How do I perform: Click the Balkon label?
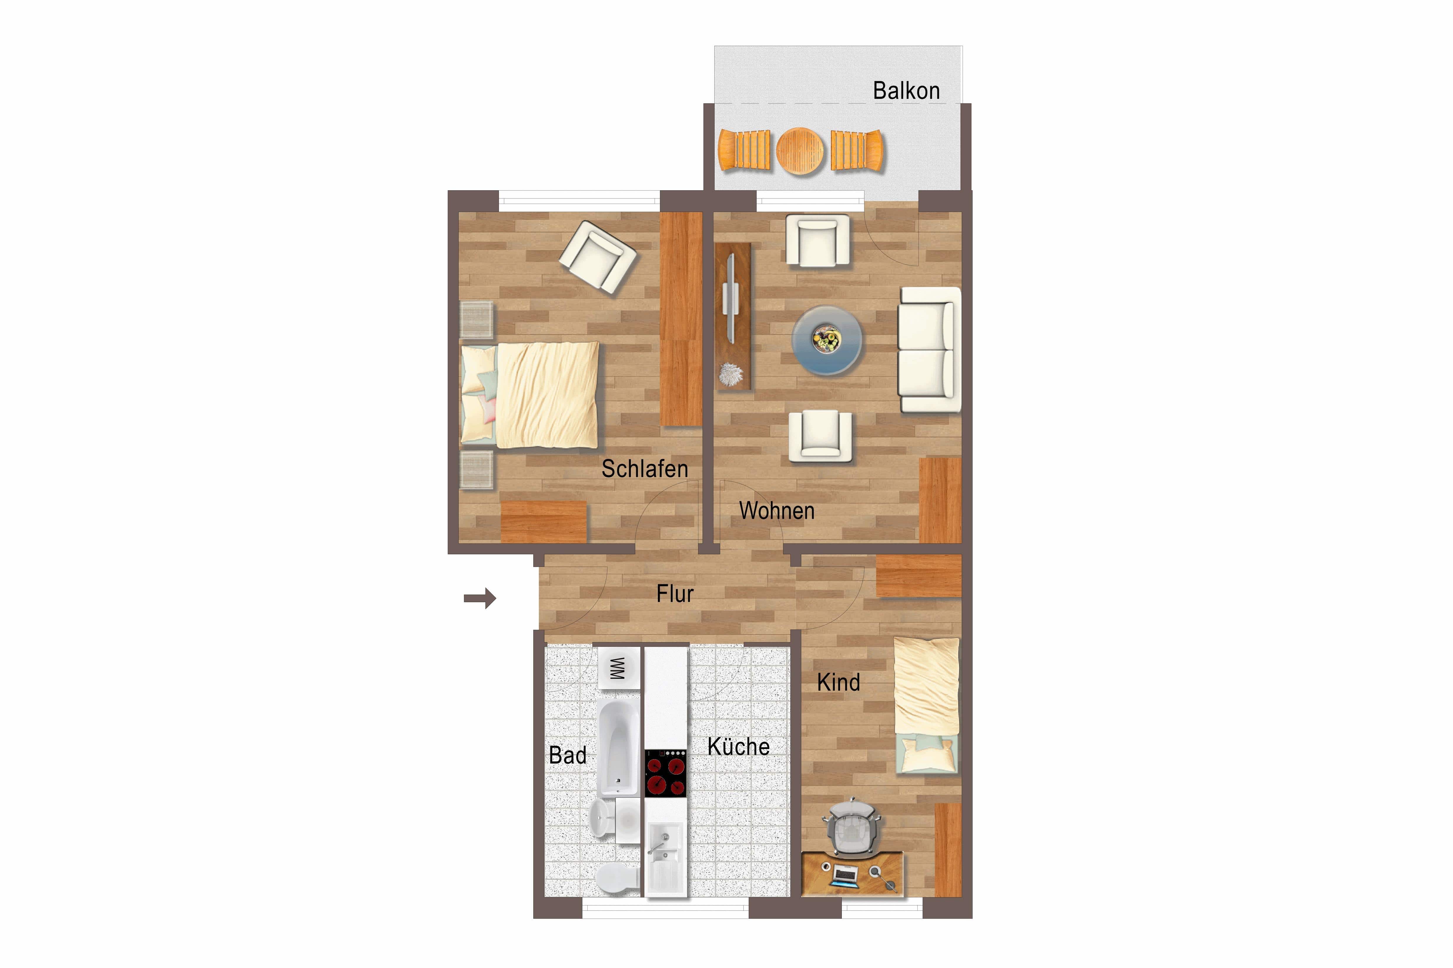906,91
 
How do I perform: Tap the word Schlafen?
645,469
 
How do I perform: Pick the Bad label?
568,755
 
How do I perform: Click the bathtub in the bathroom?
619,747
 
